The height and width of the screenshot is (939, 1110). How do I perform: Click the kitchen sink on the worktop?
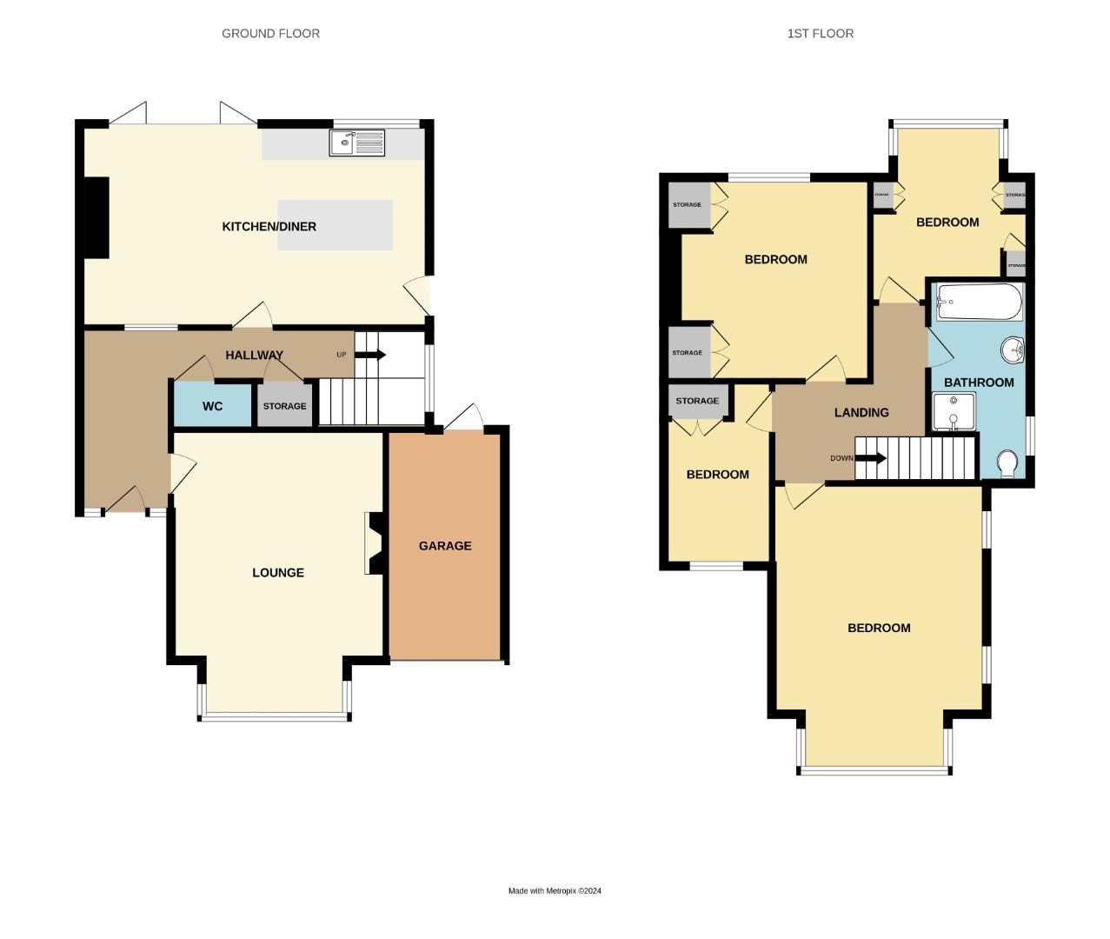point(356,143)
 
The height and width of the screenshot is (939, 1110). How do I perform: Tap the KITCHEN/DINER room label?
point(269,227)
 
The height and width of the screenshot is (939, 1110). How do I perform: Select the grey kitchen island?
point(335,224)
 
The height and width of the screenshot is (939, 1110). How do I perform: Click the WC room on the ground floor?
point(213,406)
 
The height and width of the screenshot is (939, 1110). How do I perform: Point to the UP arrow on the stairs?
point(370,355)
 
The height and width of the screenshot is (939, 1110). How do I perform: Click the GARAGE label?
point(445,546)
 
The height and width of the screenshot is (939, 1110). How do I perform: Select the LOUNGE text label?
point(278,573)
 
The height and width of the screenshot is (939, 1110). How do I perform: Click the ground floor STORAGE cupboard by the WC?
point(284,406)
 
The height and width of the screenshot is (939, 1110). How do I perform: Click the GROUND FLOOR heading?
point(270,34)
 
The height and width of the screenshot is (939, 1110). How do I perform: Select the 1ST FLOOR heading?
point(820,34)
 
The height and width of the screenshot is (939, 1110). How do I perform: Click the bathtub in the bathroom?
point(979,302)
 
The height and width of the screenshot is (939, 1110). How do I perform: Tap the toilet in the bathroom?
point(1007,463)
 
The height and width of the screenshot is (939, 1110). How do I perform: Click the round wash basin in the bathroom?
point(1013,350)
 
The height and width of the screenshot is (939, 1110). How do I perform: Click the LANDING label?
point(861,413)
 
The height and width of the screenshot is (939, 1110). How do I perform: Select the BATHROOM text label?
point(979,383)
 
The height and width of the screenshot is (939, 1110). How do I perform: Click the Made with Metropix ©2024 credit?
point(555,891)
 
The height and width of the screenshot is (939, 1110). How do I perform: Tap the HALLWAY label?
point(255,356)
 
